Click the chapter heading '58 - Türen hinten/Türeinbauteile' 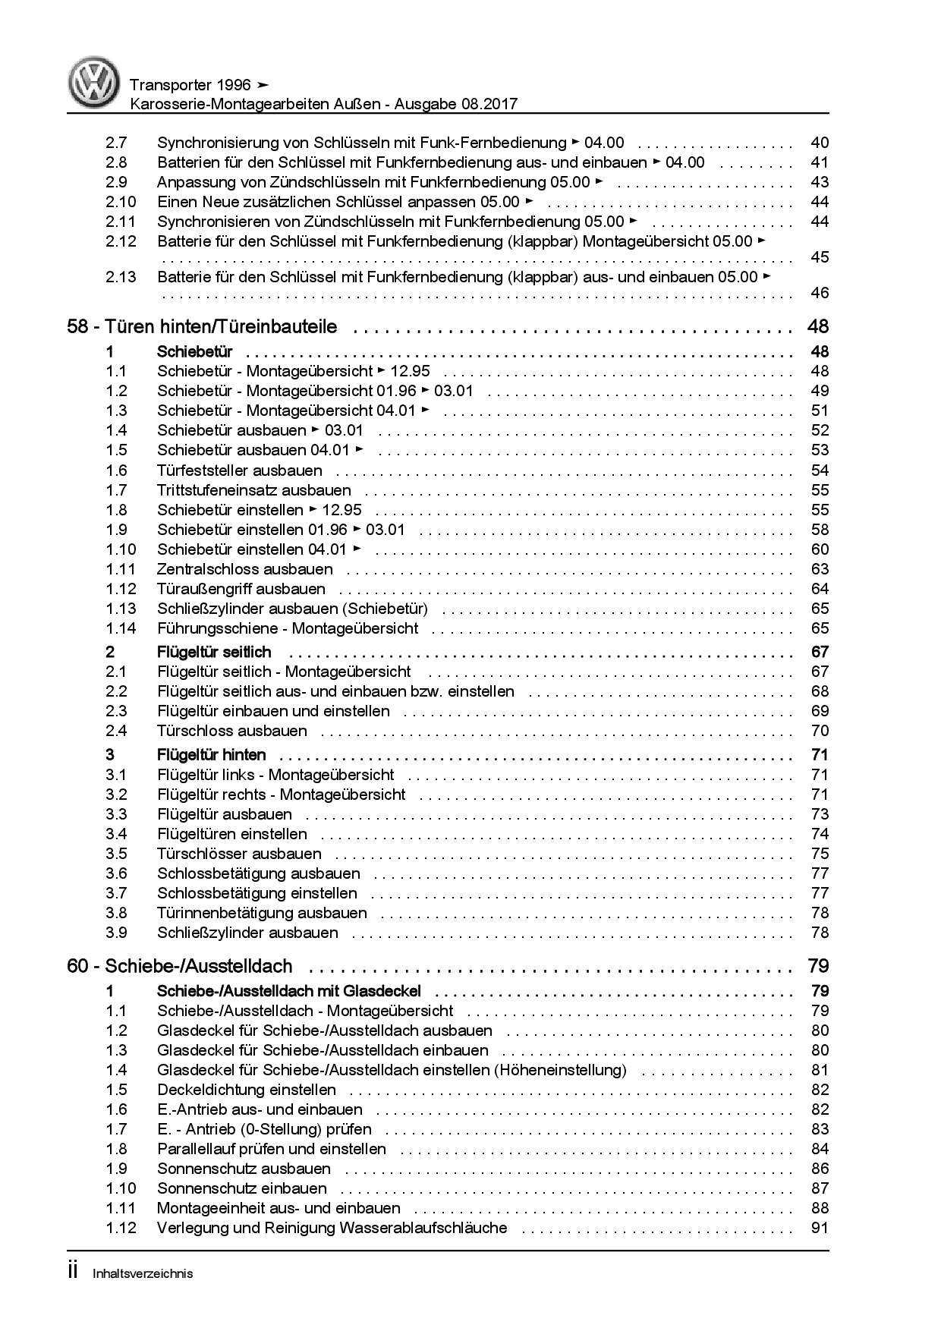[202, 327]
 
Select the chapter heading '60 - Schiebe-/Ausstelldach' [180, 967]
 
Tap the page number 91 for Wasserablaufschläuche [820, 1228]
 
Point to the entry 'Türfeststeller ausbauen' [239, 470]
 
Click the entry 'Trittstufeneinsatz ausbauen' [253, 490]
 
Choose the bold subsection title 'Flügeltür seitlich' [214, 652]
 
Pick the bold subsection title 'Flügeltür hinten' [212, 755]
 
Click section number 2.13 [121, 277]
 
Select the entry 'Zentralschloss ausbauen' [244, 569]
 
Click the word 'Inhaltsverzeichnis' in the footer [143, 1273]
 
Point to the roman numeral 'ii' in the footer [73, 1272]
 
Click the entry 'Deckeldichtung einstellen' [246, 1090]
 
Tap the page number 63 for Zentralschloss [820, 569]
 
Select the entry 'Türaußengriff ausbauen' [241, 589]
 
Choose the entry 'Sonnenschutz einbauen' [242, 1188]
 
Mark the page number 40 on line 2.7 [820, 143]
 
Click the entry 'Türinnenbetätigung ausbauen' [262, 913]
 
